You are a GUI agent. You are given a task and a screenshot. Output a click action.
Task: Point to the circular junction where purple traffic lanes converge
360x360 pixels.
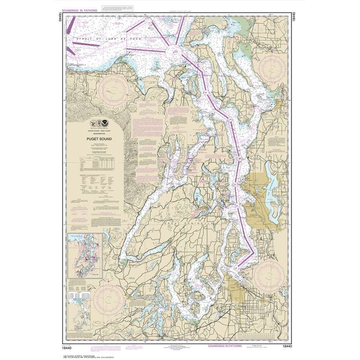click(x=172, y=51)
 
